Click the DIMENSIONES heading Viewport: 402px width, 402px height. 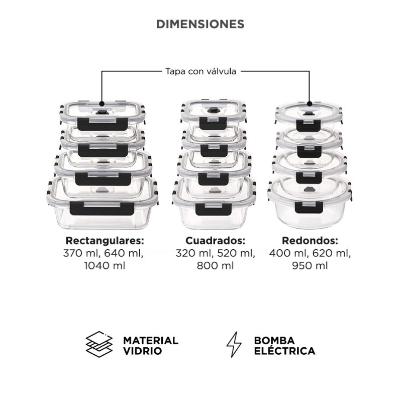(x=200, y=24)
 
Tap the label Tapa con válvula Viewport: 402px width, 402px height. (x=200, y=71)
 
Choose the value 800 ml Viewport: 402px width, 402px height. (x=215, y=265)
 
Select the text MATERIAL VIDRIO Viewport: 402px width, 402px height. (x=151, y=345)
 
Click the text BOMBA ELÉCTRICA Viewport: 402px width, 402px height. (x=284, y=345)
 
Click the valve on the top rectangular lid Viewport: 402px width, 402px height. (x=102, y=112)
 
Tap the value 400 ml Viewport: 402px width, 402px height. (x=285, y=253)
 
